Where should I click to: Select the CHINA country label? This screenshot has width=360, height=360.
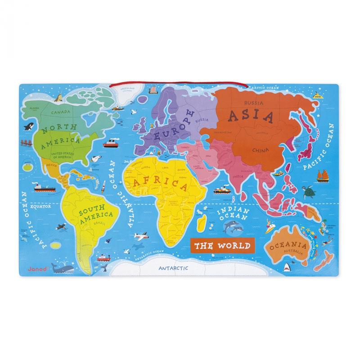click(x=260, y=150)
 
